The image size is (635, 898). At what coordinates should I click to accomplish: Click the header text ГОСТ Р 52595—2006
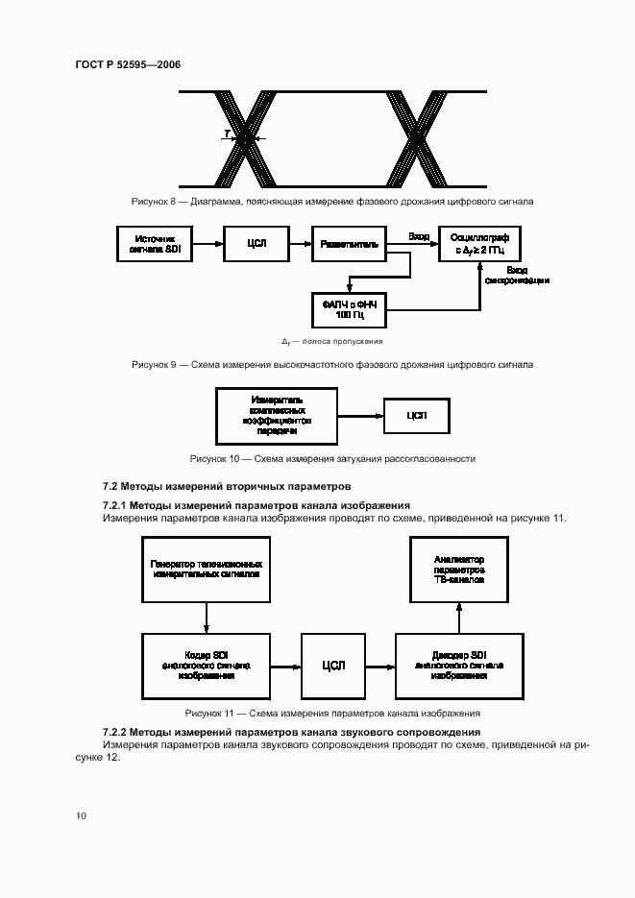pyautogui.click(x=127, y=64)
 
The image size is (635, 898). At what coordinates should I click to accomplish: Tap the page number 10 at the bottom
pyautogui.click(x=82, y=815)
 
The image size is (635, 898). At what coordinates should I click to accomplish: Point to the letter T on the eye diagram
pyautogui.click(x=226, y=133)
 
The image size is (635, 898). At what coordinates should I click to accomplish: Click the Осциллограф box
pyautogui.click(x=480, y=243)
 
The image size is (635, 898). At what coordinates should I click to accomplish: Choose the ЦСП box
pyautogui.click(x=416, y=416)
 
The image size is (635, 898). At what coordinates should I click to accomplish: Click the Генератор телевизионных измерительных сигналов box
pyautogui.click(x=207, y=573)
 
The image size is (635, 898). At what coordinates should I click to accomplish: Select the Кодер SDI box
pyautogui.click(x=207, y=665)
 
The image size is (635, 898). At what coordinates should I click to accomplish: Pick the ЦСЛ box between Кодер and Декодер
pyautogui.click(x=333, y=665)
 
